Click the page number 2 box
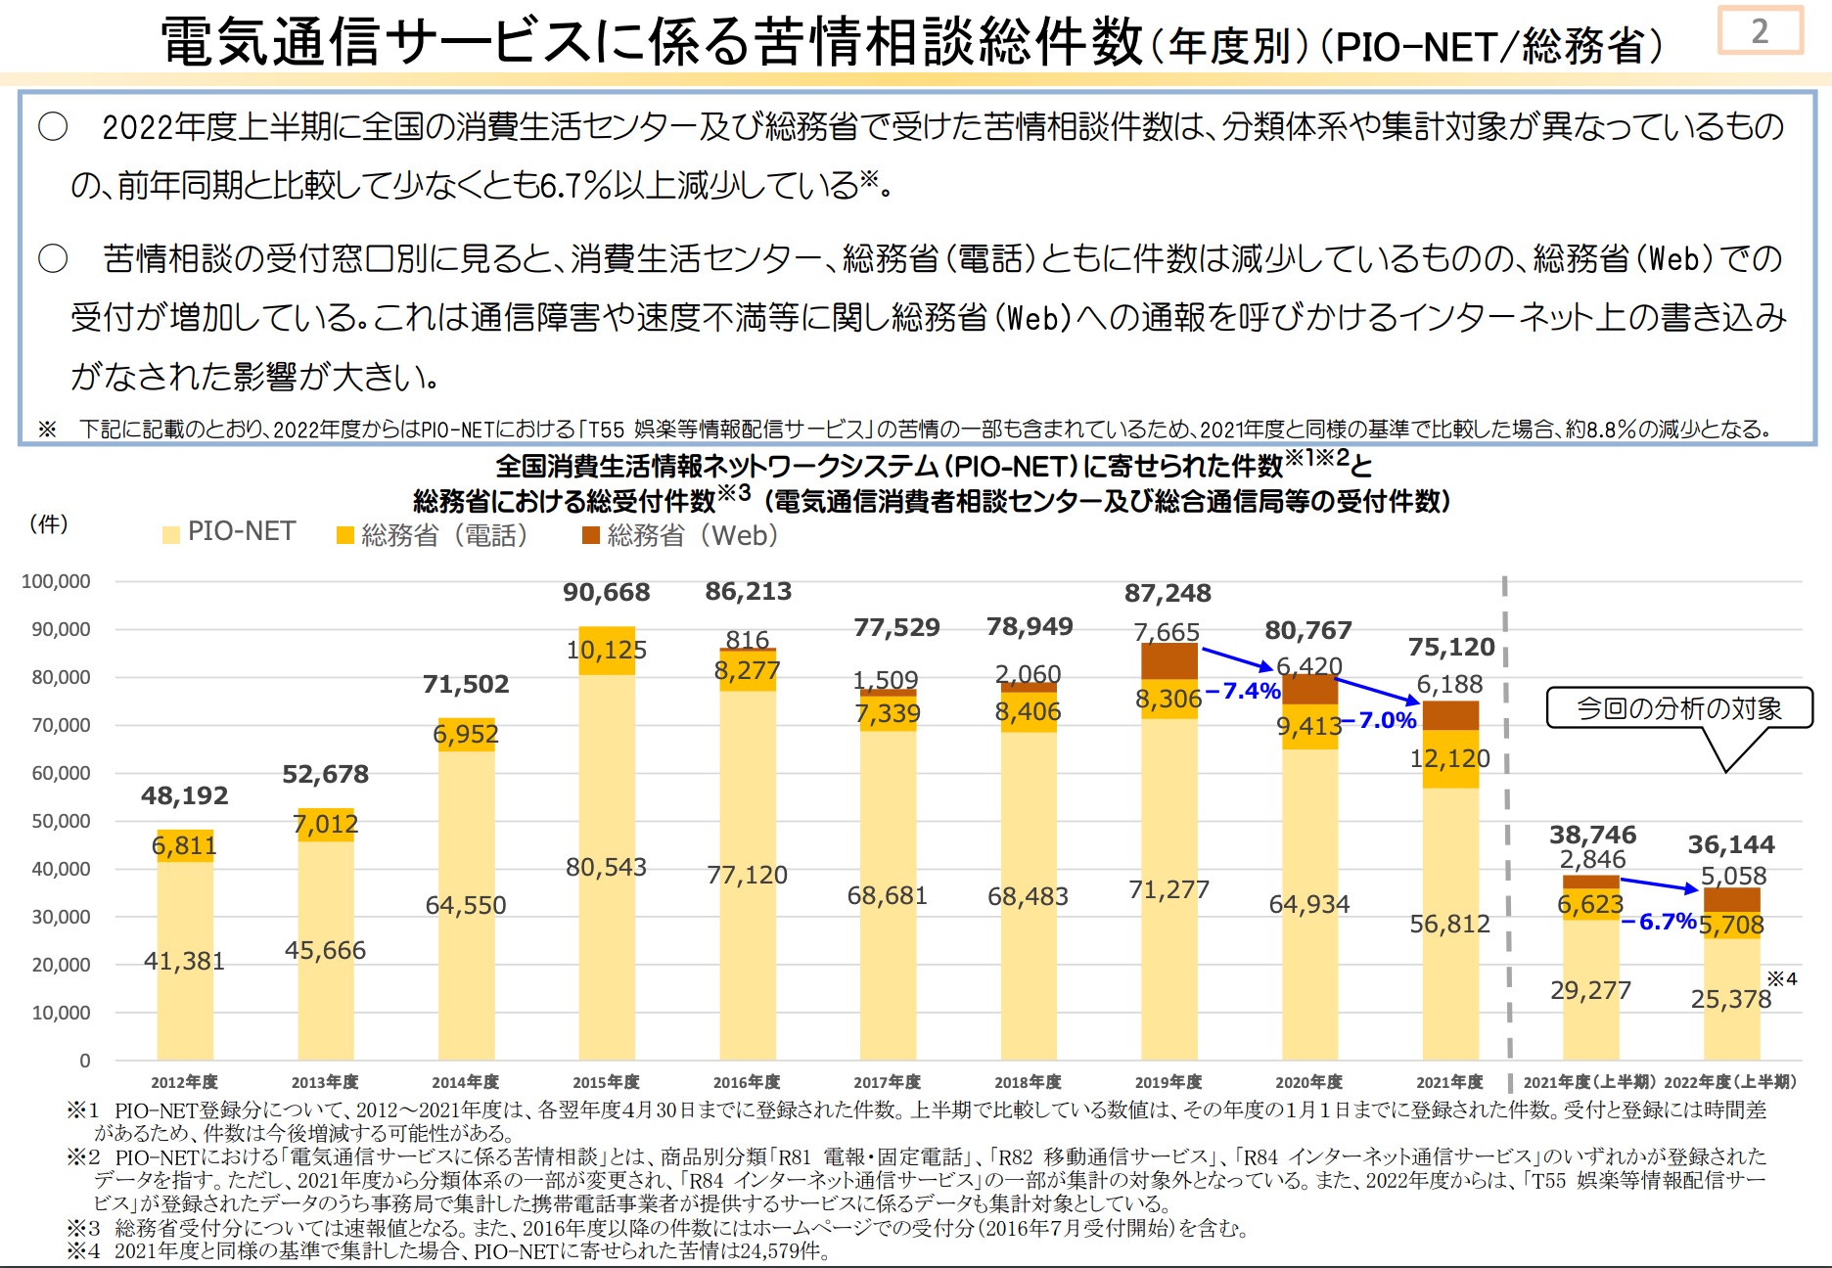tap(1760, 30)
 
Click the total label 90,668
tap(606, 592)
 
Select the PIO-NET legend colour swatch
tap(171, 534)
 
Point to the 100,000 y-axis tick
tap(56, 581)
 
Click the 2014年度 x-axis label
tap(466, 1082)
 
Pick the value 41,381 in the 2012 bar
tap(184, 961)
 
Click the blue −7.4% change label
tap(1243, 691)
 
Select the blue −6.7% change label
tap(1659, 922)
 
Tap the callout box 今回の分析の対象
tap(1679, 707)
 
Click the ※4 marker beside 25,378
tap(1781, 978)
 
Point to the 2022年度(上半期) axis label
tap(1730, 1082)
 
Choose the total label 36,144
tap(1730, 844)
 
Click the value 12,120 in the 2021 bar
tap(1449, 758)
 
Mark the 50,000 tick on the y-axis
tap(61, 821)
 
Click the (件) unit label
tap(49, 523)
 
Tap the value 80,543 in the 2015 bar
tap(606, 867)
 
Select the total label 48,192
tap(184, 795)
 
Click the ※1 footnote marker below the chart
tap(83, 1110)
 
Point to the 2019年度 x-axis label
tap(1168, 1082)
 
